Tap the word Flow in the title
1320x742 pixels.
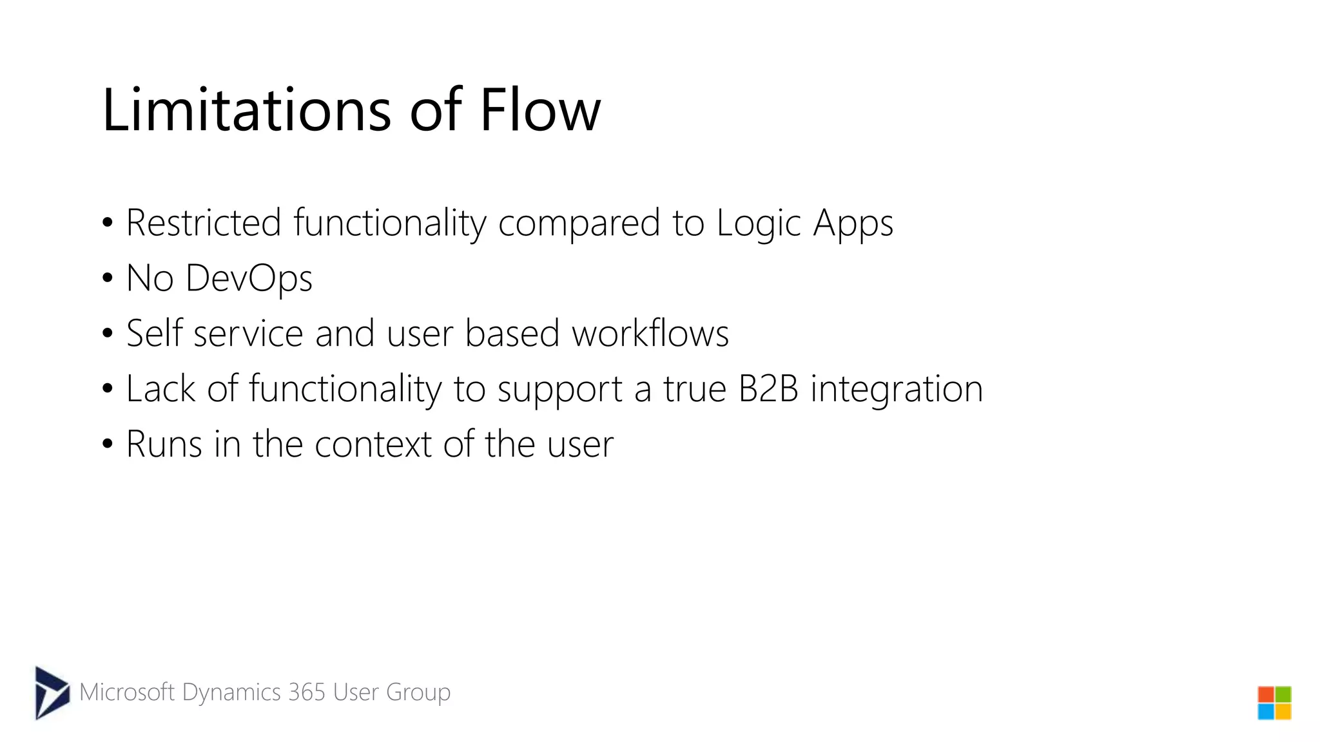539,110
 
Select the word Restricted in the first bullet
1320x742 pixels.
203,223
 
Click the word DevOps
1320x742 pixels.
249,278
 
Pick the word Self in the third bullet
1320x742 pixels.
154,333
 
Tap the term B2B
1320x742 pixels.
768,388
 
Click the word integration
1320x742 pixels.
897,390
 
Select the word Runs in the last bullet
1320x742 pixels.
164,444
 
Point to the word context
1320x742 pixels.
373,444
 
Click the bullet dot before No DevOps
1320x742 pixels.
107,279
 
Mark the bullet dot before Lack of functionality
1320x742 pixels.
107,389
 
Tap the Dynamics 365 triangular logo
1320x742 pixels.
52,692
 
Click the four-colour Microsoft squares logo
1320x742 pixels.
1274,703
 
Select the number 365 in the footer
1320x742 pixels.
307,692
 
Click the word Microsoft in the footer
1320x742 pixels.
127,692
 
